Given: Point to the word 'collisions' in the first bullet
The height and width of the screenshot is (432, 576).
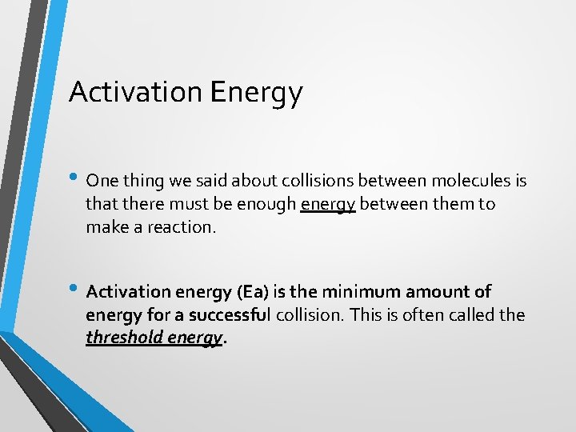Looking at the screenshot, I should [x=275, y=181].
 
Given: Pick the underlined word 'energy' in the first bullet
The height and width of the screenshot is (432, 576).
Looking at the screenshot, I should [x=328, y=205].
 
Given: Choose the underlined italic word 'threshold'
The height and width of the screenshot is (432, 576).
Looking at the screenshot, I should [x=125, y=338].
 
